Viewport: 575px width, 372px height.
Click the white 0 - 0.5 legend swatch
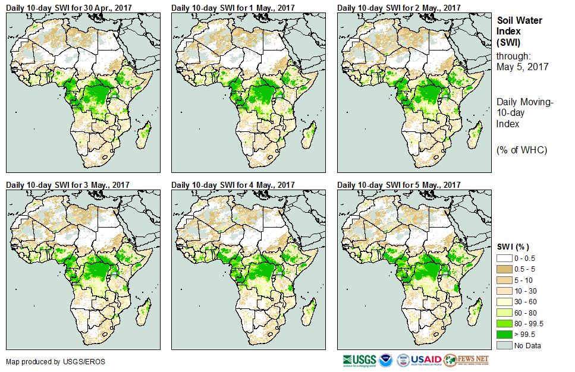pyautogui.click(x=504, y=257)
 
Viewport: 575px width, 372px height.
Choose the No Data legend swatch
pyautogui.click(x=504, y=345)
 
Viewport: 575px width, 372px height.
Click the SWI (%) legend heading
pyautogui.click(x=513, y=247)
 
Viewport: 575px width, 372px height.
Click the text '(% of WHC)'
pyautogui.click(x=521, y=150)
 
